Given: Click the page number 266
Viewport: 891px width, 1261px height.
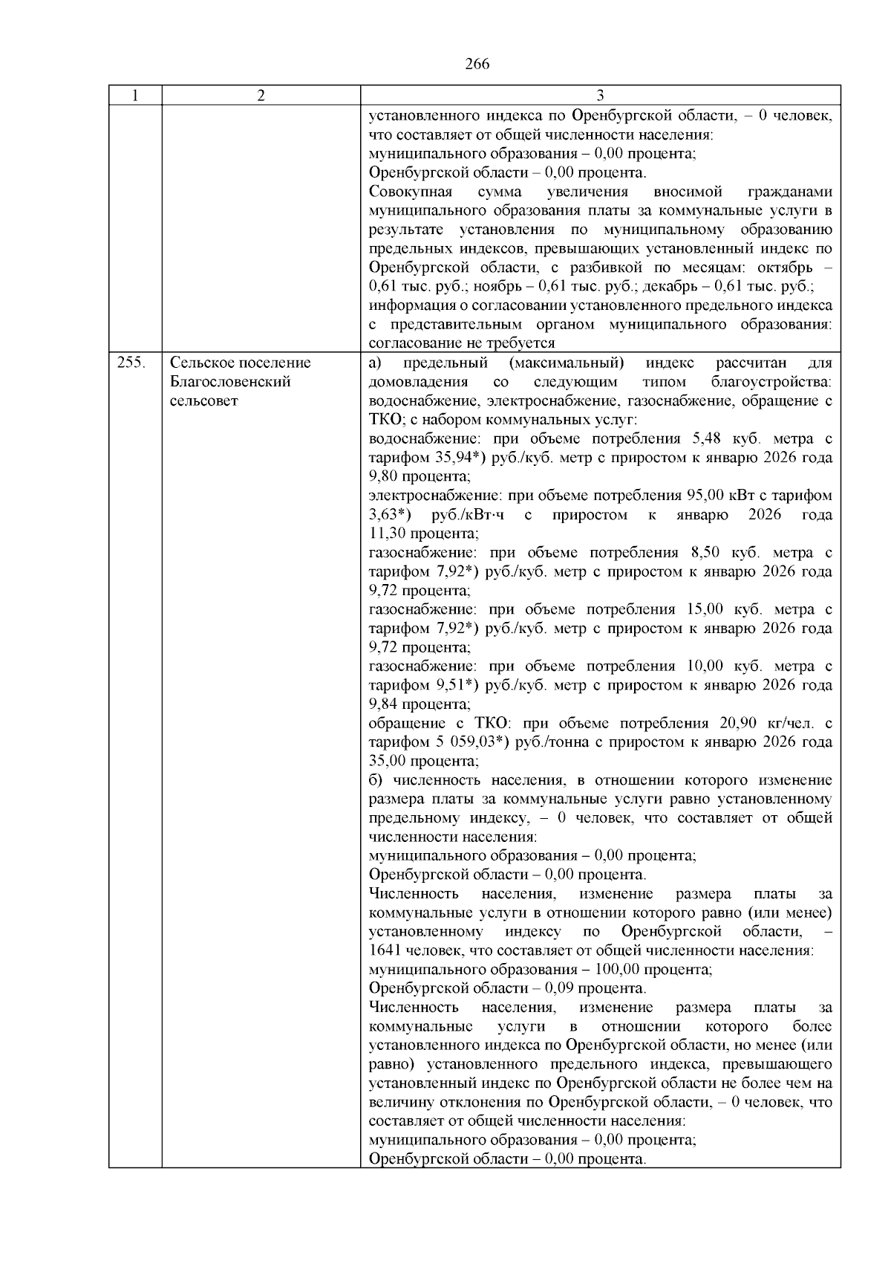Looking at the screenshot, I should (x=477, y=64).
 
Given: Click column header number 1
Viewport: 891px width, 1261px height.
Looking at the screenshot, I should (x=135, y=95).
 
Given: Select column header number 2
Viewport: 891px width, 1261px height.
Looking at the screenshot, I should (x=261, y=95).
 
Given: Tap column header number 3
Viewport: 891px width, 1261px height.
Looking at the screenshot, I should (x=600, y=95).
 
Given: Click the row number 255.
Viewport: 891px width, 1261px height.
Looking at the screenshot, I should (x=131, y=363).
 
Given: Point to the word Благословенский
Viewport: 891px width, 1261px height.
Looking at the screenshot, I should (x=230, y=382).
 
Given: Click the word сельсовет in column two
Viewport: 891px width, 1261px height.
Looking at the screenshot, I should (x=204, y=401).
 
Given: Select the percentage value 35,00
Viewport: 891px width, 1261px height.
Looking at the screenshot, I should (x=388, y=761).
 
